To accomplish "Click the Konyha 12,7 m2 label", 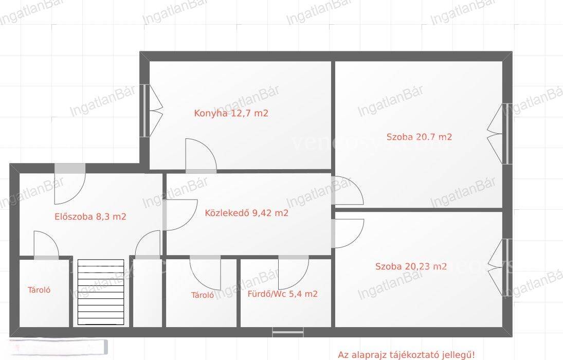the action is pos(231,113).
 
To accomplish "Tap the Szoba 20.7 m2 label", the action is pos(419,137).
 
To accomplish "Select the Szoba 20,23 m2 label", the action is pos(411,266).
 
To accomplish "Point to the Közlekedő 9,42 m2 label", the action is pos(247,213).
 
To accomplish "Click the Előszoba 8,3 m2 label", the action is pos(90,217).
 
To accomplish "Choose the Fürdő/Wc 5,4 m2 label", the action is pos(283,294).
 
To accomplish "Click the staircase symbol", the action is pos(101,292).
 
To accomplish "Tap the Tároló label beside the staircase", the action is pos(39,290).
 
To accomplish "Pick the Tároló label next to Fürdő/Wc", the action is pos(203,295).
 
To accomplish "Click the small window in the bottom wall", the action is pos(287,332).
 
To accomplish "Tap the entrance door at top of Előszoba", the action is pos(69,184).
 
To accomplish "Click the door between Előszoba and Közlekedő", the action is pos(180,215).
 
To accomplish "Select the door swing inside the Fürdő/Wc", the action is pos(294,273).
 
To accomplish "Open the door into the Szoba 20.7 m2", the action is pos(347,190).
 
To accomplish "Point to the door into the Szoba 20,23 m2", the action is pos(348,233).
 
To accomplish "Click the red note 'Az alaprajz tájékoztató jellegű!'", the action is pos(406,355).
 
